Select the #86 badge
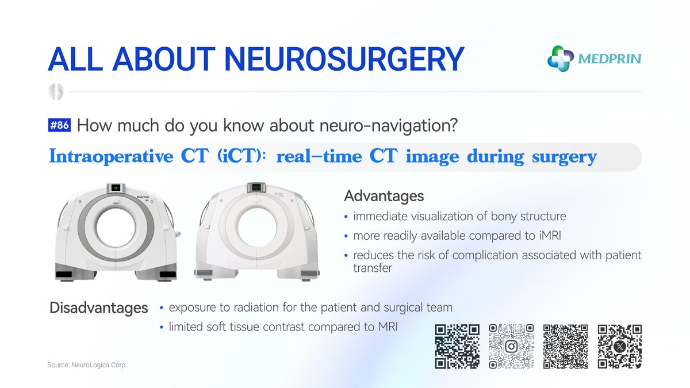click(x=60, y=125)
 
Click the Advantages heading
click(x=384, y=196)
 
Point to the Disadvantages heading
click(x=98, y=308)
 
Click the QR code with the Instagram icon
click(x=511, y=346)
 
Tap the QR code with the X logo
click(x=619, y=346)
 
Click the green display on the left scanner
click(x=115, y=187)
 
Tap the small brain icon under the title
click(x=57, y=91)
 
